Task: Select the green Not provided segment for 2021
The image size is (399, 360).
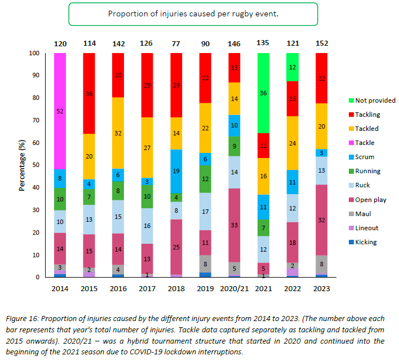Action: click(263, 93)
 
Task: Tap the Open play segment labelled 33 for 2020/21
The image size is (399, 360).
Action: click(234, 225)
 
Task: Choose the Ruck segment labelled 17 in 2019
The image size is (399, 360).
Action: click(205, 212)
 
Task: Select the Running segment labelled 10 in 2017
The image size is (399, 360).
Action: click(147, 196)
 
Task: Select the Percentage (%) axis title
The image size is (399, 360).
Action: click(22, 165)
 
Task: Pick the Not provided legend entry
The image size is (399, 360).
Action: click(371, 100)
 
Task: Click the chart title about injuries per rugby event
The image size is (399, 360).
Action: click(193, 13)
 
